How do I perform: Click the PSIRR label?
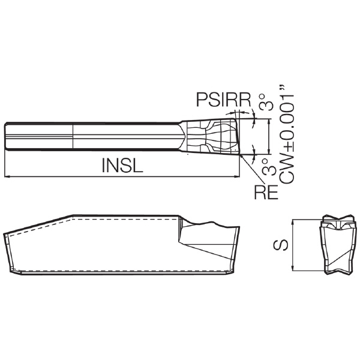(223, 100)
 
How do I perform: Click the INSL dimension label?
(122, 166)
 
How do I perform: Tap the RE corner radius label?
(266, 192)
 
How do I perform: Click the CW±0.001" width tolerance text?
(287, 135)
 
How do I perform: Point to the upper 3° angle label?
(266, 102)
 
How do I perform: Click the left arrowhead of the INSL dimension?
(7, 176)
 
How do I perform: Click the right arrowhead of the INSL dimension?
(237, 176)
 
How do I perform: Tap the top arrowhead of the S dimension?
(293, 222)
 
